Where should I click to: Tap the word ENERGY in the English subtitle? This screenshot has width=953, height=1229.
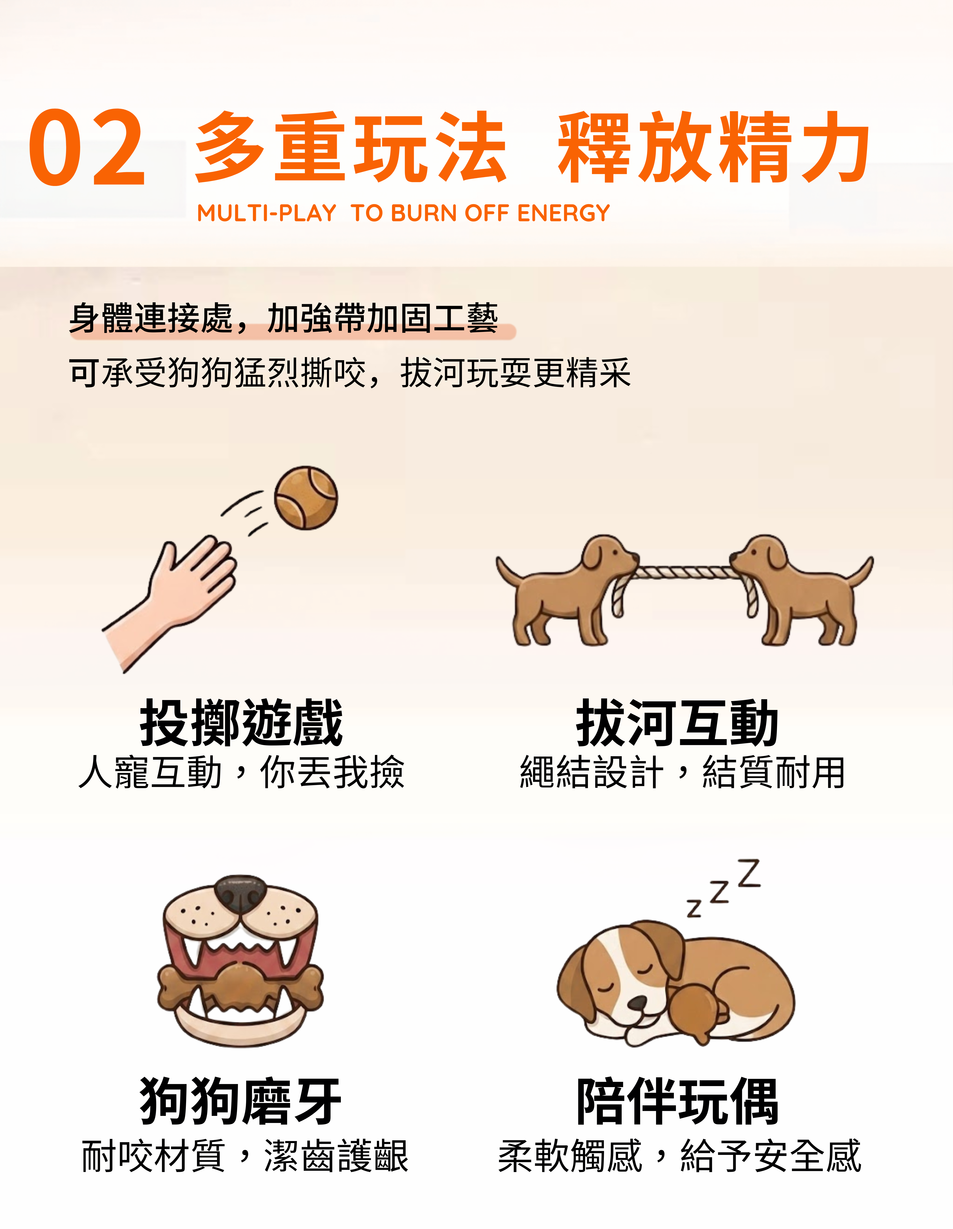click(563, 213)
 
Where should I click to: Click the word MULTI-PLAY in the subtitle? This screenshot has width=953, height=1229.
click(266, 213)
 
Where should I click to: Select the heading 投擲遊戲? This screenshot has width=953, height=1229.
click(241, 723)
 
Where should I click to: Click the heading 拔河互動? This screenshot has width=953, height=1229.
click(677, 723)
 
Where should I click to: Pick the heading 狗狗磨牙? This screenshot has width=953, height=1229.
click(241, 1101)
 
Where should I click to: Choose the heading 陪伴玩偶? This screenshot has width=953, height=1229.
click(677, 1101)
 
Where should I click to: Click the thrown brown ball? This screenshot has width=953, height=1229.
click(306, 497)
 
